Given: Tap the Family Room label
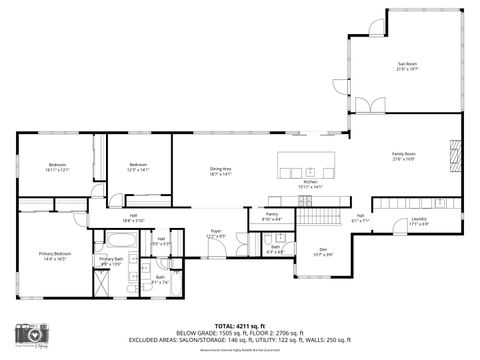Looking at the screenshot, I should [x=403, y=156].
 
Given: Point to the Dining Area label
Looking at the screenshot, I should [x=220, y=171].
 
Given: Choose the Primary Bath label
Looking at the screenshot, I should [x=111, y=261].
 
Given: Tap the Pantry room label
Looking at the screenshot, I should [x=271, y=215].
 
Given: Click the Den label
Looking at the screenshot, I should [x=323, y=251].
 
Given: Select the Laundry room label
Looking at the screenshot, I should [x=419, y=222].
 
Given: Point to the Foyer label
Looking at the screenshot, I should [x=215, y=234].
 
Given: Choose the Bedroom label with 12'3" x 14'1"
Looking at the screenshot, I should [x=137, y=167].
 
